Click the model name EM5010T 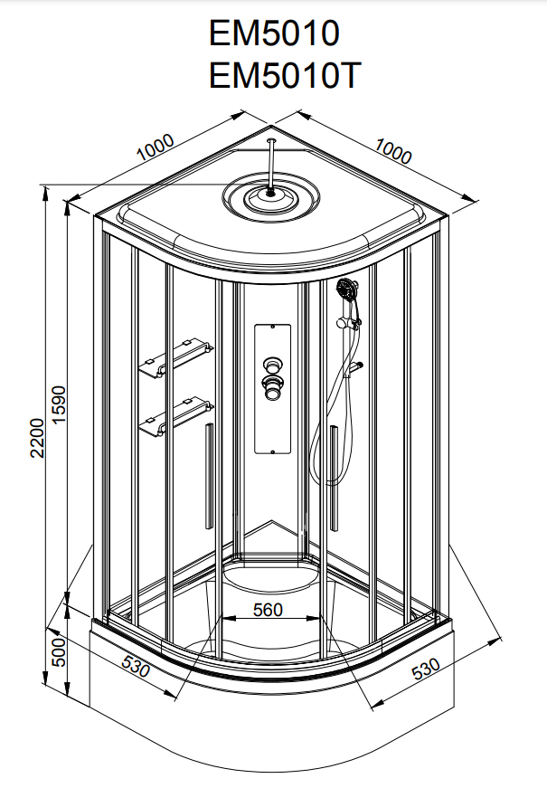click(x=285, y=75)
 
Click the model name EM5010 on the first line click(x=274, y=33)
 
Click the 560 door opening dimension click(x=269, y=609)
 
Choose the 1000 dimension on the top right click(x=392, y=151)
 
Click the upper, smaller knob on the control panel click(x=270, y=366)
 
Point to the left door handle click(x=209, y=475)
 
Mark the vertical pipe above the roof click(x=272, y=162)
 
